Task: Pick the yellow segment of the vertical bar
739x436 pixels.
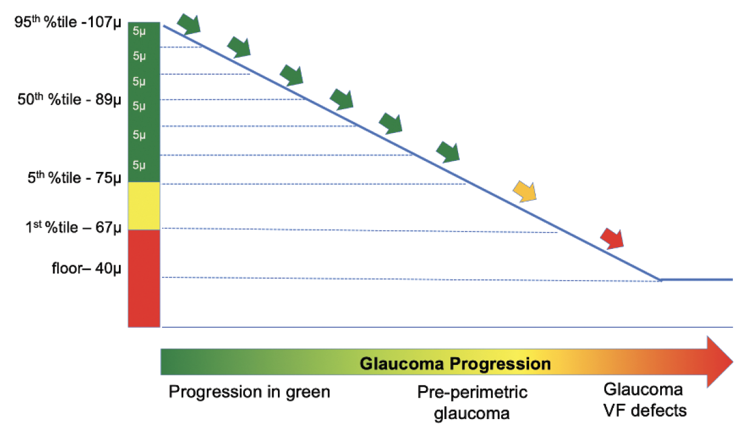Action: (144, 206)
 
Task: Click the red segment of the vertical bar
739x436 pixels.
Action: (144, 278)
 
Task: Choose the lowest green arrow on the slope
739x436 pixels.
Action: (448, 152)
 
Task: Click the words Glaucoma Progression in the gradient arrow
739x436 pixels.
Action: (455, 364)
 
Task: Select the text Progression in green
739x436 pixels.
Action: (249, 392)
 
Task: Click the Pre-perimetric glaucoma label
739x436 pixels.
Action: (472, 403)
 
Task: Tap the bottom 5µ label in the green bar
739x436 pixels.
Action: (139, 165)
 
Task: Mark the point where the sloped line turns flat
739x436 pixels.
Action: (660, 280)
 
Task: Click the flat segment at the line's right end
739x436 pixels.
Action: (698, 280)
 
